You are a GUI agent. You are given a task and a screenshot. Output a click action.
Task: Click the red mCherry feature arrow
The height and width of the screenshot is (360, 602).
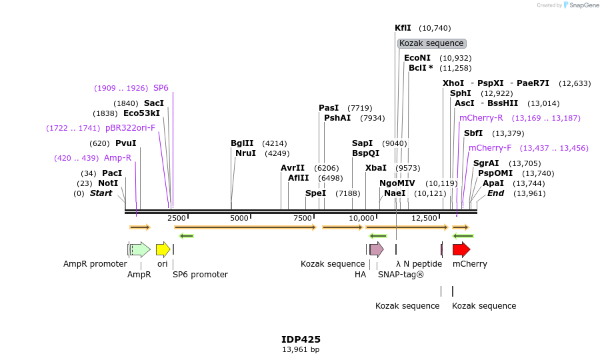click(461, 249)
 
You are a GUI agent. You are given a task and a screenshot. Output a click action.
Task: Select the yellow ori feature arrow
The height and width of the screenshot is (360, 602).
click(163, 249)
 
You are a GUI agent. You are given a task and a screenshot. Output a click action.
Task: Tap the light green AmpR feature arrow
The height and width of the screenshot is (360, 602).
click(140, 249)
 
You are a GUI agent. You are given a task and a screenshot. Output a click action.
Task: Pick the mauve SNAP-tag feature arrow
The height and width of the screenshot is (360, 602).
click(377, 249)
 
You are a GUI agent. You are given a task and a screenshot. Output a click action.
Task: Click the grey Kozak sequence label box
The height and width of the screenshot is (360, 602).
click(431, 43)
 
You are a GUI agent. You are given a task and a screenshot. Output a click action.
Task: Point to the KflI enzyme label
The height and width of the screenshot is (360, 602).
click(403, 28)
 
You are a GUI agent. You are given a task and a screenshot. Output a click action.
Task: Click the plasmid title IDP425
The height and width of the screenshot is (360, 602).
click(301, 339)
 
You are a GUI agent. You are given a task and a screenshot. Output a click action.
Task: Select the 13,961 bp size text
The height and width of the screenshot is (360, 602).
click(301, 349)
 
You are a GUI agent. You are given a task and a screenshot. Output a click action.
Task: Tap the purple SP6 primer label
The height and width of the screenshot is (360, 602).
click(161, 88)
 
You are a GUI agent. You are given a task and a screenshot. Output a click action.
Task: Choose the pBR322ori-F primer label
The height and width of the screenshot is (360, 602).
click(130, 128)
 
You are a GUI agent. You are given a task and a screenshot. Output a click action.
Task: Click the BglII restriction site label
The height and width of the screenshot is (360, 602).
click(242, 143)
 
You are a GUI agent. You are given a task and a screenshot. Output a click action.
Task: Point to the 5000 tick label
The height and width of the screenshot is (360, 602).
click(239, 218)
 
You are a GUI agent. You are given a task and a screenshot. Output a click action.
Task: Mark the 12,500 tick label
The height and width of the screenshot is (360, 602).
click(424, 218)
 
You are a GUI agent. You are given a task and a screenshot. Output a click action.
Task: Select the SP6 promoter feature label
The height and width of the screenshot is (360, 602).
click(200, 274)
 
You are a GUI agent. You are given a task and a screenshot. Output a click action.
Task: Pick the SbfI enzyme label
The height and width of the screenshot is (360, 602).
click(473, 133)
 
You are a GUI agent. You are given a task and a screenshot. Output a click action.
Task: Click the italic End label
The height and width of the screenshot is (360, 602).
click(495, 193)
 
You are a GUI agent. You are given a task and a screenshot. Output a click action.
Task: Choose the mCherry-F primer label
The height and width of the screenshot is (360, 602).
click(490, 148)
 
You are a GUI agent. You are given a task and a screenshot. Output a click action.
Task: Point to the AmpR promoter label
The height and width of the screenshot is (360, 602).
click(95, 264)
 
